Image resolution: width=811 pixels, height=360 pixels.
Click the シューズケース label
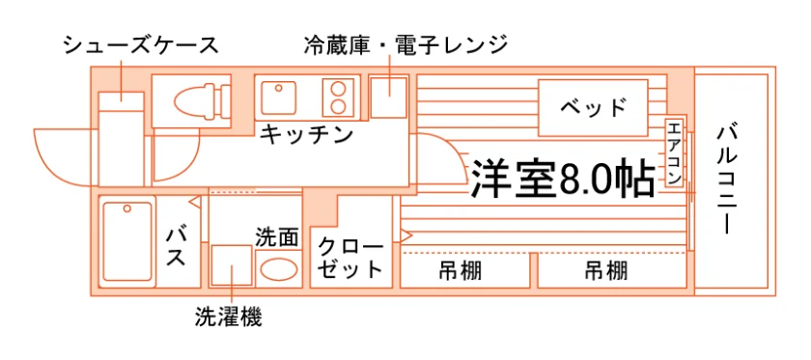pyautogui.click(x=141, y=46)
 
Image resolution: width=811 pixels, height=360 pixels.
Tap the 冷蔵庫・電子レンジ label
pyautogui.click(x=406, y=45)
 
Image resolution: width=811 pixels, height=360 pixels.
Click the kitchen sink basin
pyautogui.click(x=278, y=97)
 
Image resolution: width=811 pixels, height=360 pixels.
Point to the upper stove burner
pyautogui.click(x=338, y=88)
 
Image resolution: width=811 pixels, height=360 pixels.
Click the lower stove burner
pyautogui.click(x=338, y=106)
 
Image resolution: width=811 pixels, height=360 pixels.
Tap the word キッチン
pyautogui.click(x=306, y=135)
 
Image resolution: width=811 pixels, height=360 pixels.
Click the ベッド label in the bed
pyautogui.click(x=593, y=107)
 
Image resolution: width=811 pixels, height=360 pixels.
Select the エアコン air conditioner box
pyautogui.click(x=674, y=153)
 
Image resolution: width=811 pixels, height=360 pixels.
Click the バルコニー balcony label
pyautogui.click(x=726, y=179)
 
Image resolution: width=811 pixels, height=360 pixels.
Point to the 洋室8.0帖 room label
pyautogui.click(x=562, y=180)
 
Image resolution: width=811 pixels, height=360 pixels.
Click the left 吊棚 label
pyautogui.click(x=461, y=270)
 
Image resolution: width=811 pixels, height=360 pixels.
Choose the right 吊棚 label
pyautogui.click(x=606, y=270)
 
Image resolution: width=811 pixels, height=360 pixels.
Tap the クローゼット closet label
pyautogui.click(x=350, y=258)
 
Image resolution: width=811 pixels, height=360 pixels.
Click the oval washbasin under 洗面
pyautogui.click(x=278, y=268)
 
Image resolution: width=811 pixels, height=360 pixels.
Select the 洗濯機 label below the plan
pyautogui.click(x=229, y=317)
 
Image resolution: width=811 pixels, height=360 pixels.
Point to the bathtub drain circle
pyautogui.click(x=126, y=209)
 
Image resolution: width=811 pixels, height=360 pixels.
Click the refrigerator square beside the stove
pyautogui.click(x=389, y=97)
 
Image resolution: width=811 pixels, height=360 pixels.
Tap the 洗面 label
pyautogui.click(x=277, y=237)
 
